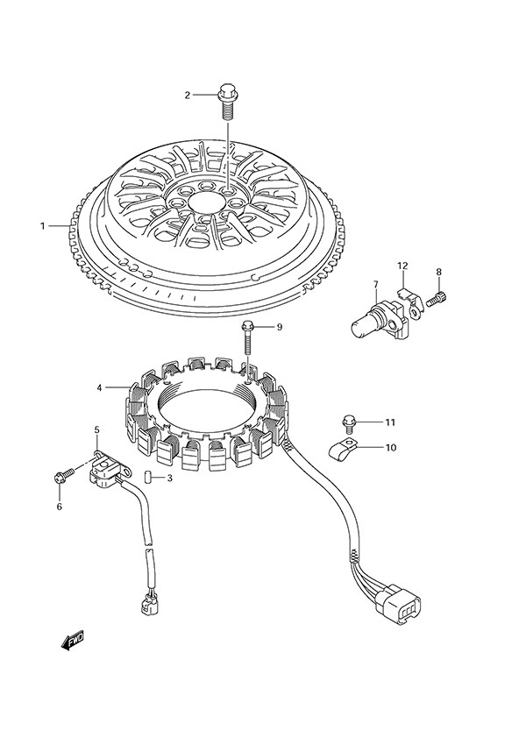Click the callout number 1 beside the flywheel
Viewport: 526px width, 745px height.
click(x=42, y=226)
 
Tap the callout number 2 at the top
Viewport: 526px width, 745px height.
click(x=187, y=95)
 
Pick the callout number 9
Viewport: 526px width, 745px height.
click(x=279, y=327)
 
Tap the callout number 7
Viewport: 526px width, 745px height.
click(x=374, y=285)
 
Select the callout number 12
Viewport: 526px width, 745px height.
click(x=402, y=266)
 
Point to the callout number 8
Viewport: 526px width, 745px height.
click(x=439, y=272)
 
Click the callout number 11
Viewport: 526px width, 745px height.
click(x=390, y=422)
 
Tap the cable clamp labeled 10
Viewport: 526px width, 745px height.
click(x=345, y=451)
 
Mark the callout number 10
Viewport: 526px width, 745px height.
click(x=390, y=447)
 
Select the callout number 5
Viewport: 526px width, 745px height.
click(x=97, y=429)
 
